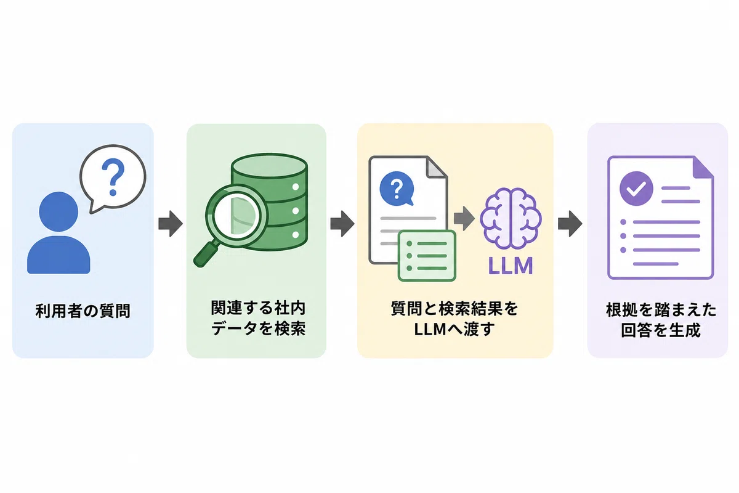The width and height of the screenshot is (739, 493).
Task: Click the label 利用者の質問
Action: (83, 311)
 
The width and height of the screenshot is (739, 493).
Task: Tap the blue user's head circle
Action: (59, 211)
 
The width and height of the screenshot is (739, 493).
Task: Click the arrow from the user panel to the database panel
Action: (171, 224)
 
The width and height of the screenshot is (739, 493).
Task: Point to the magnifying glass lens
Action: (236, 216)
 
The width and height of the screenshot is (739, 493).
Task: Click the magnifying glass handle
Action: (206, 255)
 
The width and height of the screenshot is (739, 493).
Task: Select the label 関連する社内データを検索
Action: (258, 318)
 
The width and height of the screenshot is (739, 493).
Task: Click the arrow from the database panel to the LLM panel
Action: (342, 224)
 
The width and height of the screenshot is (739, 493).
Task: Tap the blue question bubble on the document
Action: (397, 189)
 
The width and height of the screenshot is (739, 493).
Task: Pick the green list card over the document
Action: (427, 256)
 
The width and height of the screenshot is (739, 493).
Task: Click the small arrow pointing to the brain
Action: (464, 218)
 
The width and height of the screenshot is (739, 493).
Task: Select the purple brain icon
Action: (511, 219)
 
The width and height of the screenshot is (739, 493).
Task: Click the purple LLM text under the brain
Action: (511, 266)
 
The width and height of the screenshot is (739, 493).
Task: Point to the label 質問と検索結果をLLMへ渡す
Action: (454, 319)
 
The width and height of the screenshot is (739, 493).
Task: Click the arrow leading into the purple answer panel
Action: (570, 224)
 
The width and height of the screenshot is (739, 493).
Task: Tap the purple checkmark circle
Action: (636, 189)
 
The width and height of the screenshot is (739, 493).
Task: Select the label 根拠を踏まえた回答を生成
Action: (661, 320)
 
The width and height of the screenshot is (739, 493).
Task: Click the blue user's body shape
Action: (59, 255)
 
